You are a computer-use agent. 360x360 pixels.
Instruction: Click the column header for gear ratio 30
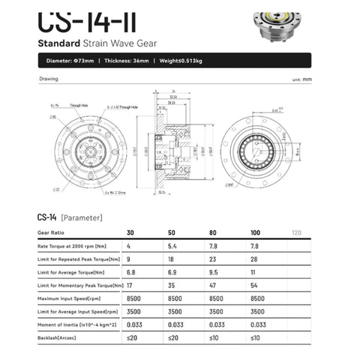click(131, 232)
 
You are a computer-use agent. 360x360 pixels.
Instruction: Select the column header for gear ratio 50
click(172, 232)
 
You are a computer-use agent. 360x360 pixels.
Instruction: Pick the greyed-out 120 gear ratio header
click(295, 232)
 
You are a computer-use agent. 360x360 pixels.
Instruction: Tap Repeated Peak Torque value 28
click(253, 259)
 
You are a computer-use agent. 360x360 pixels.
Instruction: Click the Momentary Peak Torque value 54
click(253, 286)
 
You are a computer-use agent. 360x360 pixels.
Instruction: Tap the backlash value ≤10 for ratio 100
click(253, 338)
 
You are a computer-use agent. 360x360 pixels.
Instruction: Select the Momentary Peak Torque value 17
click(131, 286)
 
